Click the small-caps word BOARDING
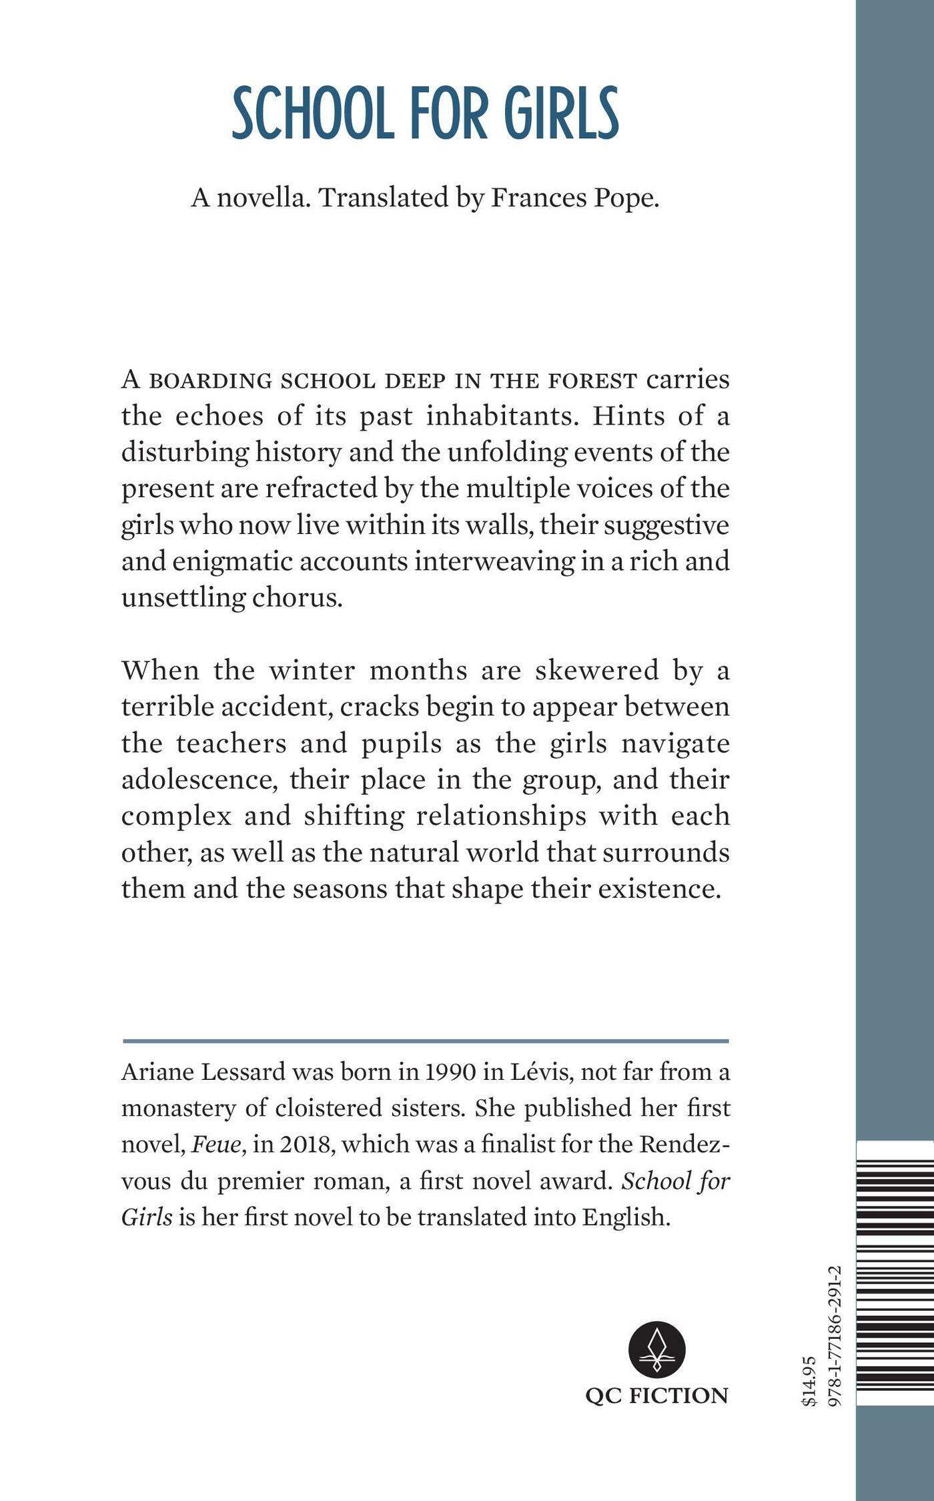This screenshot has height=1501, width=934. tap(209, 381)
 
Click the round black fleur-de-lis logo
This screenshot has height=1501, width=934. tap(656, 1349)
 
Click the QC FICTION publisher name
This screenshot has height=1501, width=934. tap(656, 1396)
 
